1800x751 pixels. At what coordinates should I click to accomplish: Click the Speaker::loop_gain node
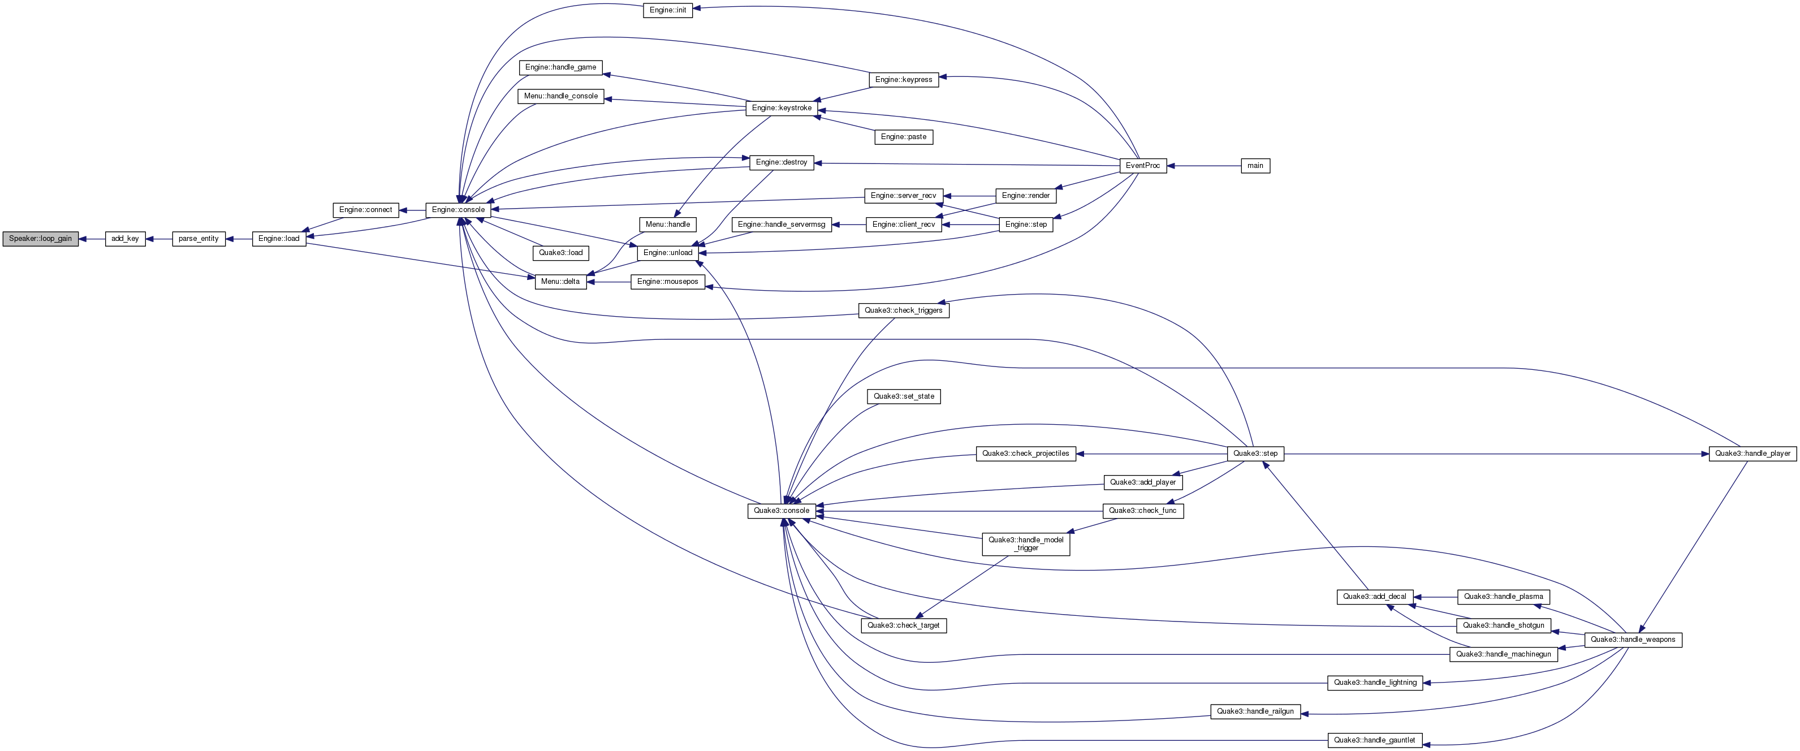point(41,239)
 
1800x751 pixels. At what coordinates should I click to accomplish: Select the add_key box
point(126,239)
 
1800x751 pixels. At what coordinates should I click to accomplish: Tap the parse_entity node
point(198,239)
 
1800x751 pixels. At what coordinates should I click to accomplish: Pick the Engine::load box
point(279,239)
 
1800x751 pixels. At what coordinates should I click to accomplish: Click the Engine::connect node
point(365,210)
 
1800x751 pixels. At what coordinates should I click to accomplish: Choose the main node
point(1255,166)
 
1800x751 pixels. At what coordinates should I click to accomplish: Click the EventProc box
point(1142,166)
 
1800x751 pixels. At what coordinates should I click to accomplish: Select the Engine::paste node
point(904,137)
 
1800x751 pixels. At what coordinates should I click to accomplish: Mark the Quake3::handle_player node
point(1752,454)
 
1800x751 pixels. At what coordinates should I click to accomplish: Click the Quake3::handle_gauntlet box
point(1374,740)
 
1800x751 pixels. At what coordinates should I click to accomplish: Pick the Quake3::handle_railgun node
point(1255,712)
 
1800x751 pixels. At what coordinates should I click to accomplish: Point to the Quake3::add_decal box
point(1374,597)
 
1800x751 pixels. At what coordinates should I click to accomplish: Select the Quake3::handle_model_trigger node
point(1026,544)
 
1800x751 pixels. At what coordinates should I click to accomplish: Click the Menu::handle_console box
point(561,96)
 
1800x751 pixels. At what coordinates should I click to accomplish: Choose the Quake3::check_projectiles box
point(1025,454)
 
